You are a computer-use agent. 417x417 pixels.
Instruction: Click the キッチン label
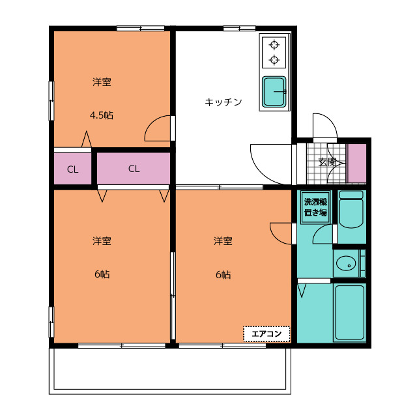coord(223,102)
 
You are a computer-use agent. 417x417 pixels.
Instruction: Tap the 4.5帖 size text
coord(102,115)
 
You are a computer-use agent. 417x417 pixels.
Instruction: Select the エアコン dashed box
coord(266,334)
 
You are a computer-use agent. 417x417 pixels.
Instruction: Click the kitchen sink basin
coord(274,92)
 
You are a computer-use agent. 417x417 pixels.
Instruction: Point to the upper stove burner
coord(274,45)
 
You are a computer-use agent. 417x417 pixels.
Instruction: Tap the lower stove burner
coord(274,60)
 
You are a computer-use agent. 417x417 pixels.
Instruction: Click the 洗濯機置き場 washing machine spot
coord(315,207)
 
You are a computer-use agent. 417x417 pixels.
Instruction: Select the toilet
coord(351,209)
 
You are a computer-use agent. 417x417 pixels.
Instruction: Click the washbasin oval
coord(346,264)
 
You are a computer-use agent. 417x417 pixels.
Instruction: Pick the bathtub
coord(349,313)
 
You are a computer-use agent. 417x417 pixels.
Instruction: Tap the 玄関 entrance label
coord(328,162)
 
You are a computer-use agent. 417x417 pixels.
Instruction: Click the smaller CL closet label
coord(72,169)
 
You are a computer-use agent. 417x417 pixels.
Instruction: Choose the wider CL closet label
coord(134,169)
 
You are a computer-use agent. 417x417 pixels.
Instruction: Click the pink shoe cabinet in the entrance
coord(356,164)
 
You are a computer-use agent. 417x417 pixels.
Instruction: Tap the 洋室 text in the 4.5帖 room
coord(102,82)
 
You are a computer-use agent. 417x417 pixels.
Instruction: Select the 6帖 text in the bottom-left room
coord(102,274)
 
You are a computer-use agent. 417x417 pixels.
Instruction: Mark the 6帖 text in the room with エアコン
coord(223,274)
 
